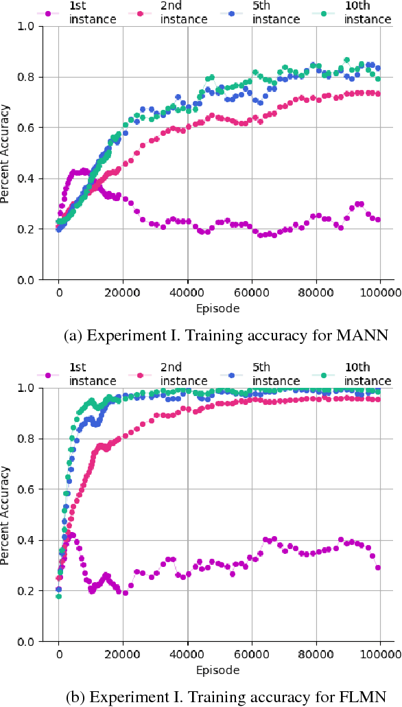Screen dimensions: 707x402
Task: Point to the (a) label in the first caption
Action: (71, 336)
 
